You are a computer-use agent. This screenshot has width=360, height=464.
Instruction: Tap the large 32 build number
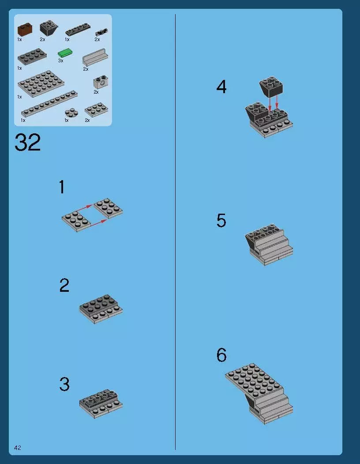[x=27, y=143]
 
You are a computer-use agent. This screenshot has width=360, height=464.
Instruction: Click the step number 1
[x=62, y=187]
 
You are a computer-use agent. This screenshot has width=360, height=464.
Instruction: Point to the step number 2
[x=64, y=286]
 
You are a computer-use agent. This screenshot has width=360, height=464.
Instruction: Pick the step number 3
[x=64, y=384]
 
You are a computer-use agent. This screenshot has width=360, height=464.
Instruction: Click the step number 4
[x=221, y=87]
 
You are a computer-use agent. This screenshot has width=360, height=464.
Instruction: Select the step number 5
[x=221, y=221]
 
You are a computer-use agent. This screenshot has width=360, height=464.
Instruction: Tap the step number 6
[x=221, y=355]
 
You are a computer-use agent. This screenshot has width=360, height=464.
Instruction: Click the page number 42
[x=18, y=448]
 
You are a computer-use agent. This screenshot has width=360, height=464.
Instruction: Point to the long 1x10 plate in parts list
[x=49, y=105]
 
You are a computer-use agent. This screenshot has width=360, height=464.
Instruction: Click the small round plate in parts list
[x=70, y=113]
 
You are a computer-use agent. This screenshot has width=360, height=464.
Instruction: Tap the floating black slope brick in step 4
[x=271, y=87]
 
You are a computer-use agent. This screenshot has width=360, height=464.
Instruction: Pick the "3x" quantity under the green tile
[x=60, y=60]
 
